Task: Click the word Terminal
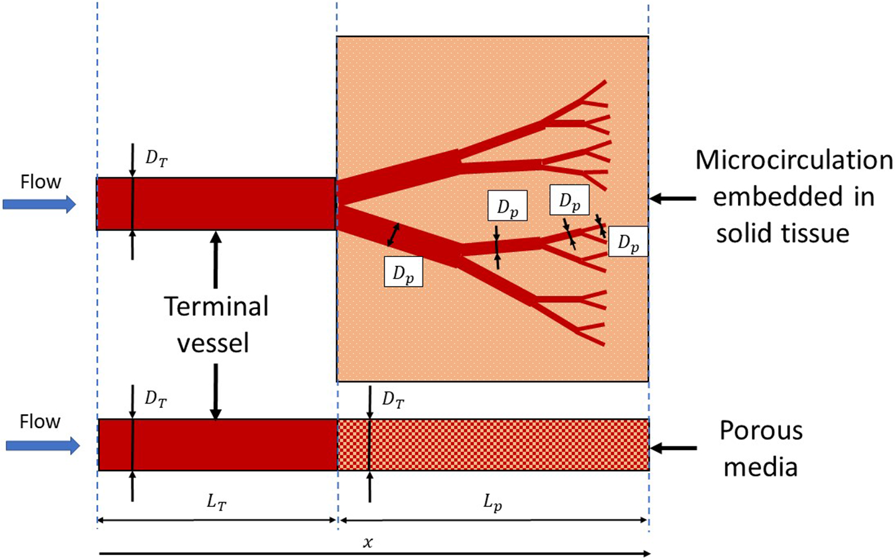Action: (x=216, y=307)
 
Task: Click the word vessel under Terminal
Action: (x=213, y=343)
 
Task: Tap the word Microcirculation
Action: (x=794, y=160)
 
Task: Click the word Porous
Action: (x=761, y=431)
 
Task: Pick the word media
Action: (x=760, y=468)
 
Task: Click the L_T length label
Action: (x=216, y=503)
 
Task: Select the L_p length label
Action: (x=493, y=503)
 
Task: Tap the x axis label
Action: (x=367, y=542)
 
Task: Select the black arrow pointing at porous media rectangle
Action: (x=673, y=448)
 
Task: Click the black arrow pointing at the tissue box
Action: (x=673, y=198)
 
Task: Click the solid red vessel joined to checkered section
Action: (x=218, y=444)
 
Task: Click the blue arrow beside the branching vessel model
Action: (x=39, y=204)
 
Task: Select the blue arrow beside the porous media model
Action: (x=42, y=446)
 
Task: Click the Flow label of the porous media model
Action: (x=40, y=421)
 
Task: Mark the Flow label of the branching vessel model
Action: (x=40, y=182)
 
